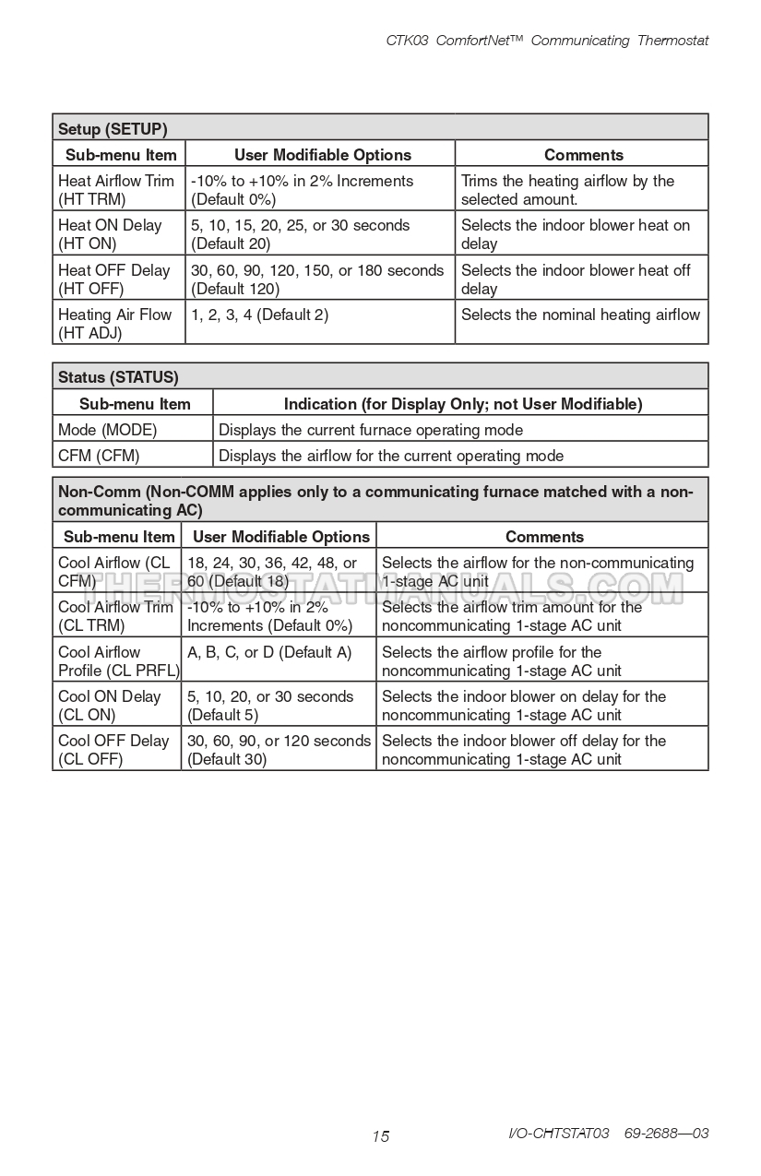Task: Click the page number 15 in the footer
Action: click(381, 1136)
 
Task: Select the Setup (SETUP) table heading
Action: click(113, 128)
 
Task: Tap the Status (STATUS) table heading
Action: click(118, 376)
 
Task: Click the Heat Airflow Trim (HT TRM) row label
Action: click(115, 190)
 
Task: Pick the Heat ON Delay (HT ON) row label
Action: click(110, 234)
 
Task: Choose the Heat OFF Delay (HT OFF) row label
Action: click(113, 279)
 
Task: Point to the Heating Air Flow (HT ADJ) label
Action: click(114, 324)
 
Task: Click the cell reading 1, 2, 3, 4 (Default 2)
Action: click(259, 315)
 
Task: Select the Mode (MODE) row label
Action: click(107, 430)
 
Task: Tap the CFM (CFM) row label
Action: click(98, 456)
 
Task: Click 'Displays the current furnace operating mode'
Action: click(371, 430)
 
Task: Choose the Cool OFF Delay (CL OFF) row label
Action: click(113, 750)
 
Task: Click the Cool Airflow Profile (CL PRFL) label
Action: click(118, 661)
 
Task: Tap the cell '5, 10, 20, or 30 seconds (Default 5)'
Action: click(270, 706)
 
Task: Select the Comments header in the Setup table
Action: click(583, 155)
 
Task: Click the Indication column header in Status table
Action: click(462, 404)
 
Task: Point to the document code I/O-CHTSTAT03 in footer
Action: click(559, 1134)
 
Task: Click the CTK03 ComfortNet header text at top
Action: click(547, 41)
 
